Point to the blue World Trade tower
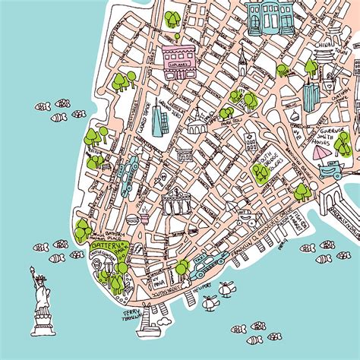(158, 122)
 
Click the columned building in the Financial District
(175, 204)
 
